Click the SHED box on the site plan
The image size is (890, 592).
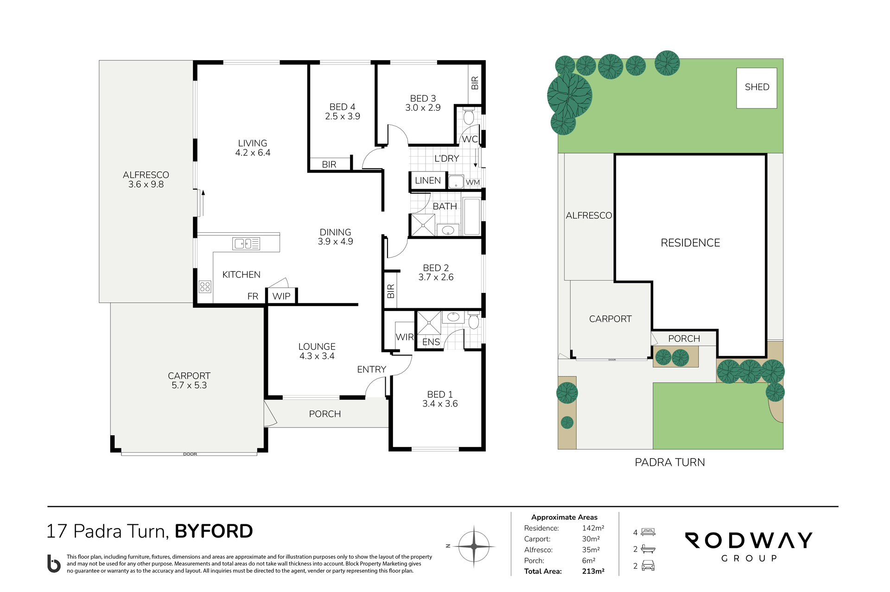(756, 88)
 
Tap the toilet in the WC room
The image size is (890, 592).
(469, 116)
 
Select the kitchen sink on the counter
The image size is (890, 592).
(246, 243)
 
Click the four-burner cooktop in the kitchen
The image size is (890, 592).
(205, 286)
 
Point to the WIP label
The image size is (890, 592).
(281, 296)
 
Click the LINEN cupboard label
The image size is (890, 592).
(428, 180)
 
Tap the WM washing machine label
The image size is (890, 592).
(473, 182)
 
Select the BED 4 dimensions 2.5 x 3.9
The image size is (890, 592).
(343, 116)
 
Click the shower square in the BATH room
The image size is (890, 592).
(423, 225)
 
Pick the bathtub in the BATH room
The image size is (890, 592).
(472, 216)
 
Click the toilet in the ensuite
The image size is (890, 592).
(473, 320)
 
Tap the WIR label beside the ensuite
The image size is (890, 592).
(405, 337)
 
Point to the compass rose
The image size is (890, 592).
(474, 547)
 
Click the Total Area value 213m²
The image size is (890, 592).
(593, 571)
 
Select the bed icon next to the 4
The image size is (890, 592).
(648, 532)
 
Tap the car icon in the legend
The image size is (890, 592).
(648, 566)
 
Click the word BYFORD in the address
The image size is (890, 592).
(214, 531)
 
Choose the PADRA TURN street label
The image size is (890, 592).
(670, 462)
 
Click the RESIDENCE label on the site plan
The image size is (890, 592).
(690, 243)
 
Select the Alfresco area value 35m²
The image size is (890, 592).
(591, 549)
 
